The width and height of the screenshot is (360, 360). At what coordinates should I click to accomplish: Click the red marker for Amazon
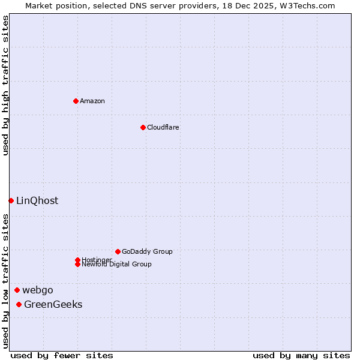(76, 101)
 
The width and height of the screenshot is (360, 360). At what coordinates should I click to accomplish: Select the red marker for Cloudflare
(143, 127)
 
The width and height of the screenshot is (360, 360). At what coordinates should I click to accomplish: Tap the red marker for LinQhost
(11, 200)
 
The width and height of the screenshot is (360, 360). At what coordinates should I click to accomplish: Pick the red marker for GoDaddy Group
(118, 251)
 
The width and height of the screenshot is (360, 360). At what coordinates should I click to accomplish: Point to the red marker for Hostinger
(77, 260)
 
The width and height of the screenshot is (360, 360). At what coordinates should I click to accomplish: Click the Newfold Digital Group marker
(77, 264)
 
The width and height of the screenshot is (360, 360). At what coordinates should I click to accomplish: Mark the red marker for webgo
(17, 290)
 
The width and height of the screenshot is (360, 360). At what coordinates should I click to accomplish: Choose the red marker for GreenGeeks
(19, 304)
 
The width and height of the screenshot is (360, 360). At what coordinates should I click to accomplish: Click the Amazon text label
(92, 101)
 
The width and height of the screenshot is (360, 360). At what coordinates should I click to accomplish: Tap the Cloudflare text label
(163, 127)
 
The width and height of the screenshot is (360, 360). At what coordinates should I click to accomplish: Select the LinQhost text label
(37, 200)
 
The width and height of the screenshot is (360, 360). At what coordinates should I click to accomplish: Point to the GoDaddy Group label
(147, 251)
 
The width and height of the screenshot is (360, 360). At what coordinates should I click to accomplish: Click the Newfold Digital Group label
(116, 264)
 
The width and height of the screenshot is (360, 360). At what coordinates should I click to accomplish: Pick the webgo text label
(38, 290)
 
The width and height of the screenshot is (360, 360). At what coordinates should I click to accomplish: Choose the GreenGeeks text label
(53, 304)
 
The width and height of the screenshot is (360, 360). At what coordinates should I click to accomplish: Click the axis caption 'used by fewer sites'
(62, 355)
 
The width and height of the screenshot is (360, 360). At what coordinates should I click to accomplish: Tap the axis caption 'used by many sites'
(301, 355)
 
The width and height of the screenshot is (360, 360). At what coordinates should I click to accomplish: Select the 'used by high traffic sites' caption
(5, 85)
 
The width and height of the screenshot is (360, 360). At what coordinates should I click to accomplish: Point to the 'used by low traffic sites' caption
(5, 281)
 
